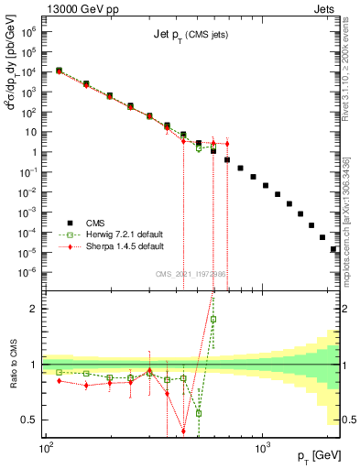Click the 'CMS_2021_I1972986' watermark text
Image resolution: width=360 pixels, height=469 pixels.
(192, 274)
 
